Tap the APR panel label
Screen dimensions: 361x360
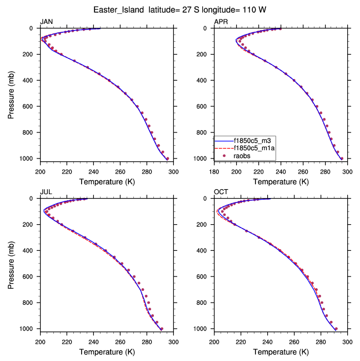click(221, 22)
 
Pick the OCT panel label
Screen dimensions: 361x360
click(221, 192)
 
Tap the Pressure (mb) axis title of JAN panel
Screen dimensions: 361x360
click(12, 93)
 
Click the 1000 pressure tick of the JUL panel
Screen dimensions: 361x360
click(28, 329)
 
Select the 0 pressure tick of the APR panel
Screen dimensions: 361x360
click(208, 28)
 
